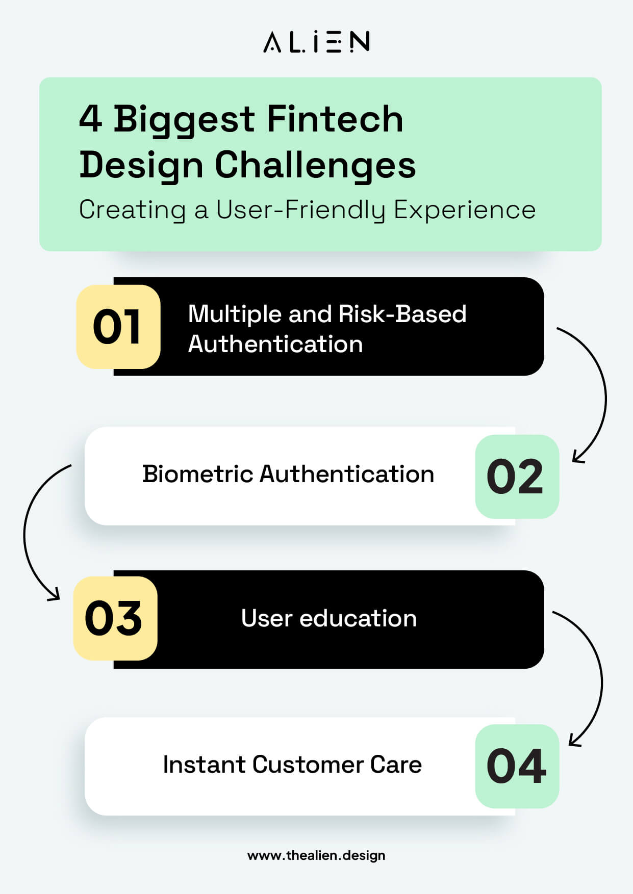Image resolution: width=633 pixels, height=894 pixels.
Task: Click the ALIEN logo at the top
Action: click(316, 42)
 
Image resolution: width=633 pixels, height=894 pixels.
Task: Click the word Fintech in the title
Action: click(335, 119)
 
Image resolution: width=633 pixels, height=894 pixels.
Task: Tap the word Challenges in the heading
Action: click(315, 166)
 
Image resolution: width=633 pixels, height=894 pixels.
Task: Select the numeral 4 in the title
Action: click(91, 119)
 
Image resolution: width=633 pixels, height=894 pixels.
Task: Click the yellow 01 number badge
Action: click(118, 327)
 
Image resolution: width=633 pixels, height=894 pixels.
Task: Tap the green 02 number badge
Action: click(516, 477)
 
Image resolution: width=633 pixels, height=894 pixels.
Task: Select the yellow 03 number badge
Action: click(115, 618)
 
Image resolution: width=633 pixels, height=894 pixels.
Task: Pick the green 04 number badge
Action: click(516, 766)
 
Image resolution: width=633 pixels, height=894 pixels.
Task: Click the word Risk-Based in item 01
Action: click(402, 314)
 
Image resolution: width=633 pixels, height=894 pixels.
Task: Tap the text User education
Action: click(328, 618)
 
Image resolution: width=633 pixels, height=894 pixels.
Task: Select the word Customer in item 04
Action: click(307, 765)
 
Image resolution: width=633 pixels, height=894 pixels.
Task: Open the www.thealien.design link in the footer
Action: click(316, 855)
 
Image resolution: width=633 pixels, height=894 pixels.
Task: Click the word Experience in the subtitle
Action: click(465, 210)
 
